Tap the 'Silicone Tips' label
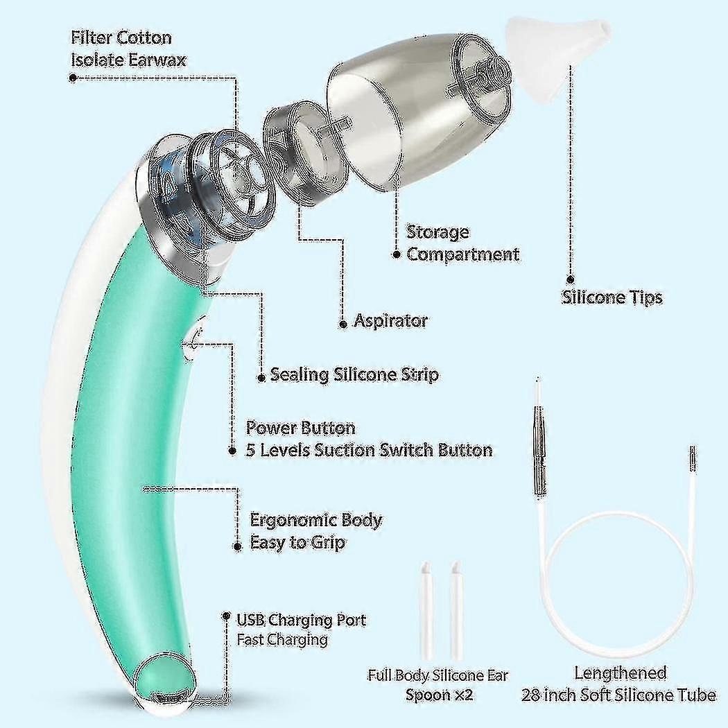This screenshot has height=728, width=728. click(x=612, y=297)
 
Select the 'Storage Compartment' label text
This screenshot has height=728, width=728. click(x=462, y=243)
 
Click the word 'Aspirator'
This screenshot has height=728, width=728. click(x=390, y=321)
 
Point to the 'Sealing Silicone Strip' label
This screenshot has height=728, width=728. click(x=354, y=375)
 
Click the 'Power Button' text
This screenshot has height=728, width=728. click(x=300, y=428)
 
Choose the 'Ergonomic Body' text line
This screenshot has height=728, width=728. click(x=315, y=520)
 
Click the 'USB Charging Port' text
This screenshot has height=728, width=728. click(x=301, y=620)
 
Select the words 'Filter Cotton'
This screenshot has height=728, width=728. click(x=121, y=37)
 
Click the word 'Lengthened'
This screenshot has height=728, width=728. click(x=620, y=673)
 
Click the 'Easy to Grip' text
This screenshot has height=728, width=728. click(x=297, y=543)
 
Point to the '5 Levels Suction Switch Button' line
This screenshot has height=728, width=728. click(x=369, y=450)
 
